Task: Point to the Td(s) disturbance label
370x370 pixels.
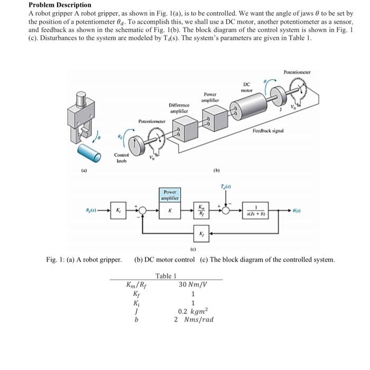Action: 226,186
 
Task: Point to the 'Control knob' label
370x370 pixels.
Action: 122,157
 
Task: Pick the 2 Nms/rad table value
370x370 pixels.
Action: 193,321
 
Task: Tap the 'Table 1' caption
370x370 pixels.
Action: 165,276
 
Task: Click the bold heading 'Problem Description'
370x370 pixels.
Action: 59,5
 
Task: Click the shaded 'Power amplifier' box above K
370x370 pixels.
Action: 170,195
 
